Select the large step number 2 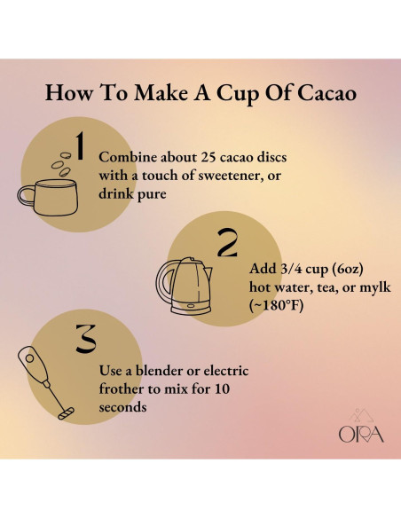pyautogui.click(x=228, y=243)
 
